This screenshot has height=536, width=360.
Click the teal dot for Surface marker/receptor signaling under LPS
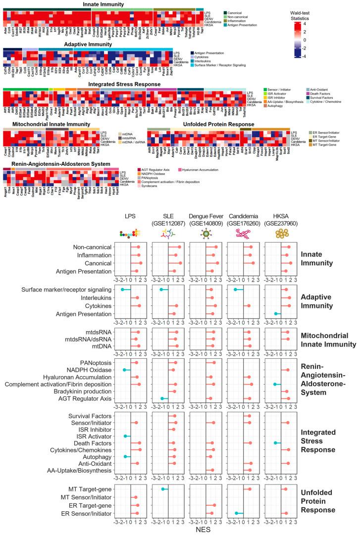(x=122, y=289)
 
